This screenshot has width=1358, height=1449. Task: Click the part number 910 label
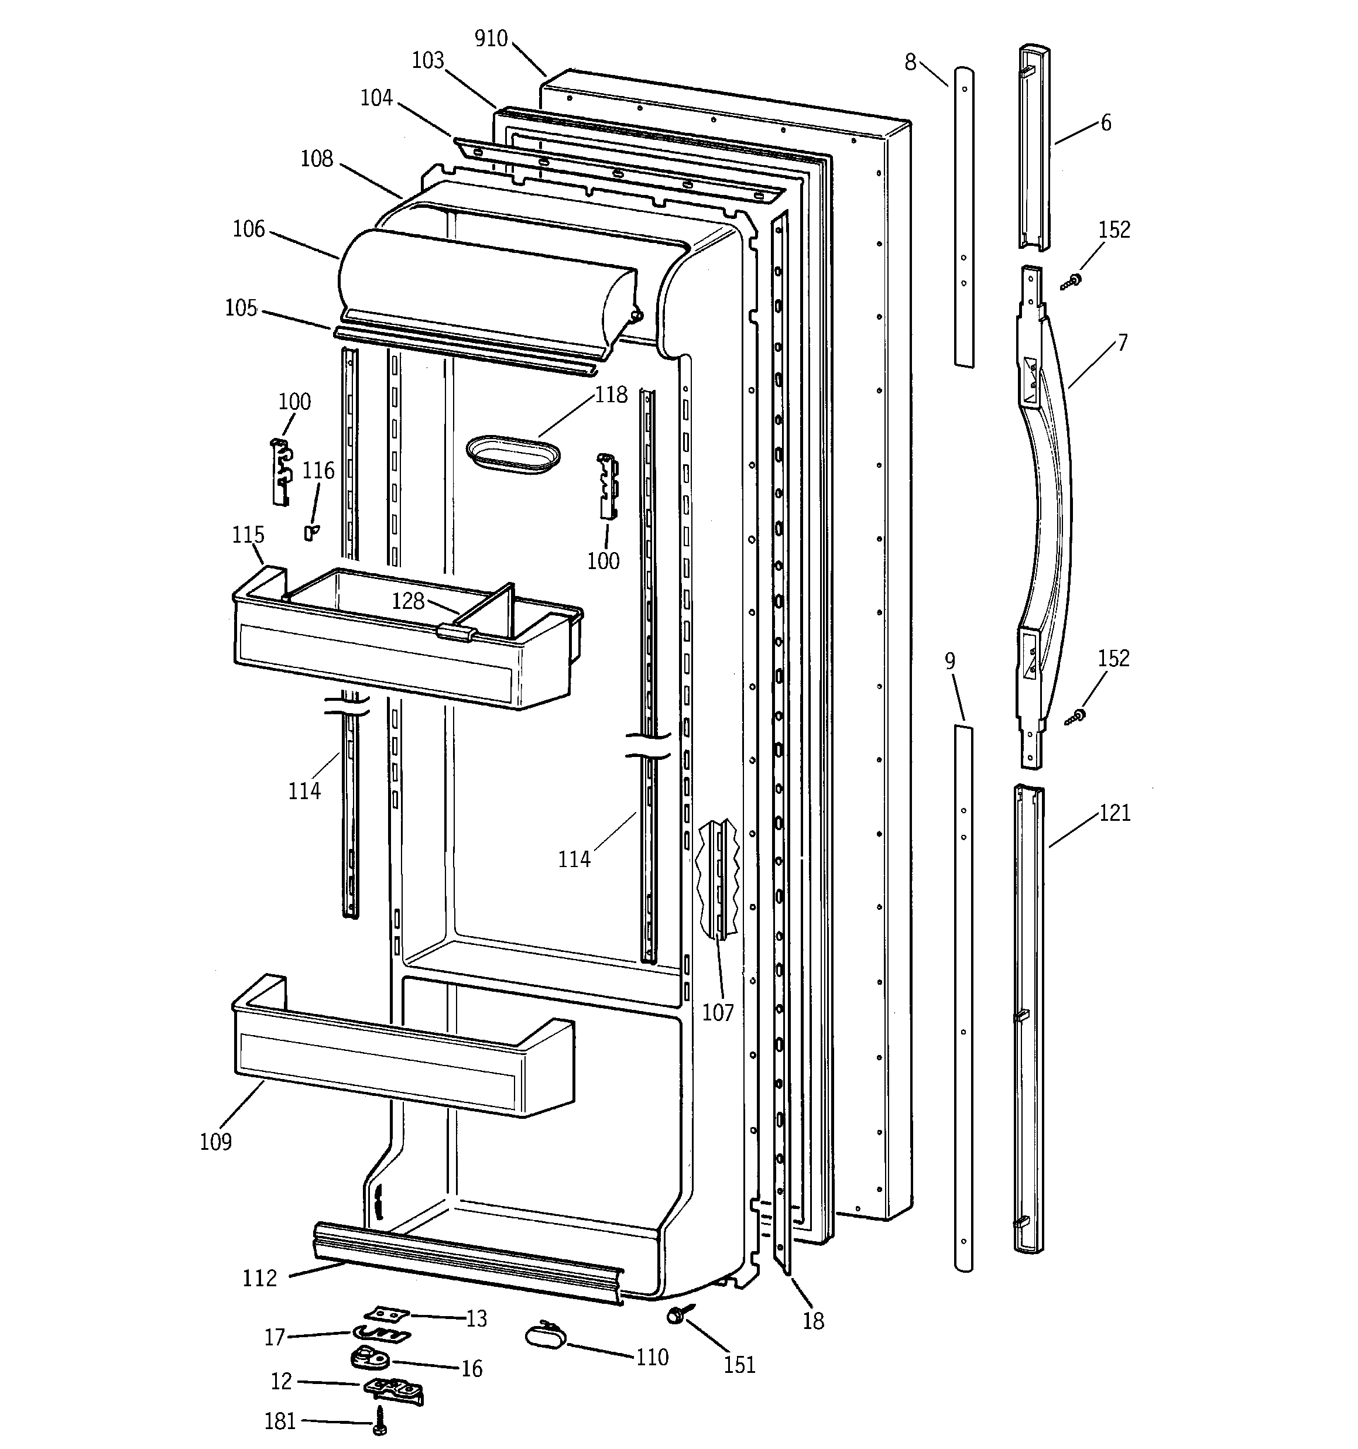point(491,39)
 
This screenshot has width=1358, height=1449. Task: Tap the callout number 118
point(611,395)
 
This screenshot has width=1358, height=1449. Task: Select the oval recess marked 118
point(513,454)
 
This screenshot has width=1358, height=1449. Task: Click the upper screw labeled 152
point(1072,280)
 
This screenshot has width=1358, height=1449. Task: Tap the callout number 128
point(407,601)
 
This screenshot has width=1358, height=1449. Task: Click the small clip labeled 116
point(310,533)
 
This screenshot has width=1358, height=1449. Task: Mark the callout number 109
point(216,1142)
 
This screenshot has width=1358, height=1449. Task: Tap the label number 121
point(1114,813)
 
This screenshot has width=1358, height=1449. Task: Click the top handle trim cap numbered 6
point(1034,146)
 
